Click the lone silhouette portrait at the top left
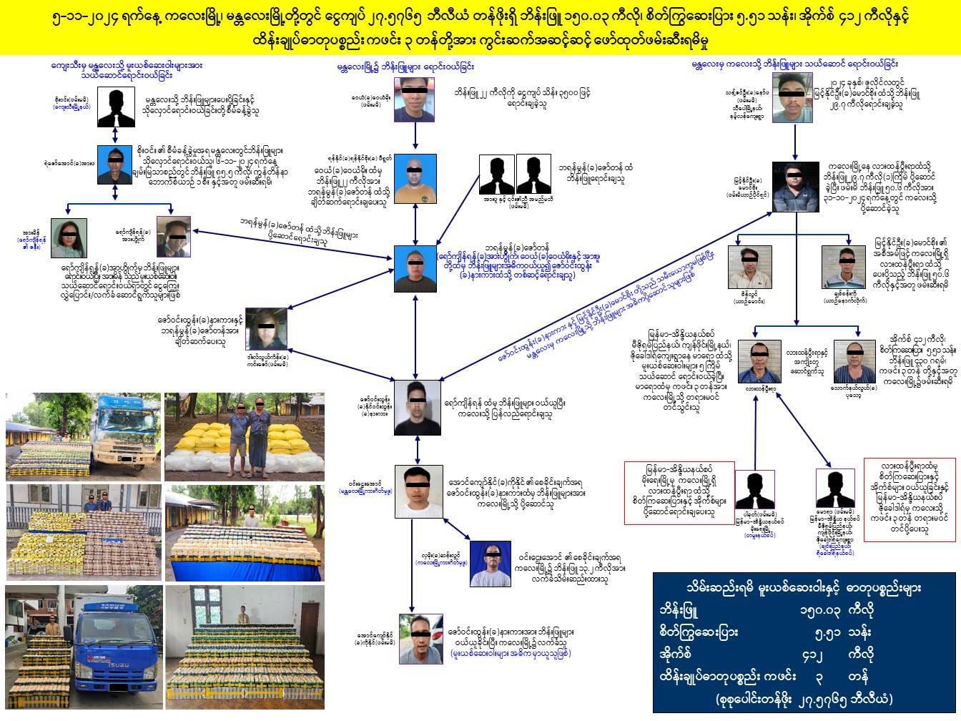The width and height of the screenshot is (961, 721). pyautogui.click(x=117, y=109)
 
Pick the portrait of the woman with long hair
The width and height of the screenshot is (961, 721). pyautogui.click(x=69, y=238)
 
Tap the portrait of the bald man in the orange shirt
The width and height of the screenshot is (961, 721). pyautogui.click(x=415, y=179)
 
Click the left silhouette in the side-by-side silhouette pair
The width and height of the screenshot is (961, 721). pyautogui.click(x=498, y=175)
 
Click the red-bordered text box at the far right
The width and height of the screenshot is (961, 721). pyautogui.click(x=909, y=499)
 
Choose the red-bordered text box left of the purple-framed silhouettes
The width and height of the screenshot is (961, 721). pyautogui.click(x=679, y=494)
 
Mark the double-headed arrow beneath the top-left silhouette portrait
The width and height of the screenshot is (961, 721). pyautogui.click(x=116, y=136)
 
